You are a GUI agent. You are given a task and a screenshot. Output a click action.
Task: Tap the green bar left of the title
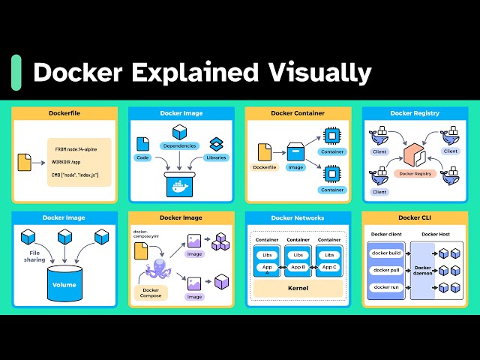pos(16,72)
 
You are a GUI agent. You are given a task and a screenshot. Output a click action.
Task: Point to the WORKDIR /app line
pos(71,162)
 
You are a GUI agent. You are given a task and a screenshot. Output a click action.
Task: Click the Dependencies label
pos(179,145)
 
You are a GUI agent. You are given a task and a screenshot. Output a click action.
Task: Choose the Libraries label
pos(217,157)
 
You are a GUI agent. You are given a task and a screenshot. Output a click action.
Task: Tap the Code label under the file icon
pos(143,158)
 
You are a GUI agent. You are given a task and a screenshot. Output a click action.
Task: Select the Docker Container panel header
pos(298,113)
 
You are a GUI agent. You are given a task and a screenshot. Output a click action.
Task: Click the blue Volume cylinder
pos(64,282)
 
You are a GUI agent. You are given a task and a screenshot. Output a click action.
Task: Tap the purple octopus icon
pos(154,271)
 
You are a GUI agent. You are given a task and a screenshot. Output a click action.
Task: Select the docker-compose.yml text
pos(144,235)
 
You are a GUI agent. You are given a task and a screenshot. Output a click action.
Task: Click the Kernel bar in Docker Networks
pos(298,288)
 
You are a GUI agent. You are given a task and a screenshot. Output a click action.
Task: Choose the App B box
pos(298,266)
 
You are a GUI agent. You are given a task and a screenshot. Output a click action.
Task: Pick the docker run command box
pos(386,287)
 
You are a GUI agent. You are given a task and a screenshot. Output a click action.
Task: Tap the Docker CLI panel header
pos(415,218)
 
